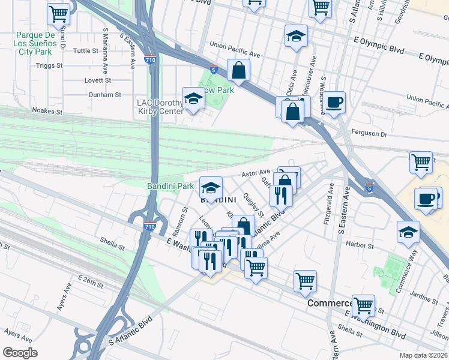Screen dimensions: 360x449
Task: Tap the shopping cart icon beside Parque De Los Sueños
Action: click(x=58, y=14)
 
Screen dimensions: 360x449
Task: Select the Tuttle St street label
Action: click(x=86, y=51)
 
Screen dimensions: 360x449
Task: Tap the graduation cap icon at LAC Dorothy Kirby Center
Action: click(x=193, y=99)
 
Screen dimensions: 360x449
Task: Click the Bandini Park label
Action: click(x=170, y=187)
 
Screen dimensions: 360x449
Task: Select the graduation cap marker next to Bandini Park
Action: click(x=211, y=187)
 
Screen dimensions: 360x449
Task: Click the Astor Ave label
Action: click(x=256, y=173)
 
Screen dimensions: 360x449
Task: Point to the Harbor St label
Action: click(x=360, y=245)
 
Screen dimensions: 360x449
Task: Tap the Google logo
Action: click(x=20, y=353)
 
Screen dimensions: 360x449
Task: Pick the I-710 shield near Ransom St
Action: click(x=151, y=227)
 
